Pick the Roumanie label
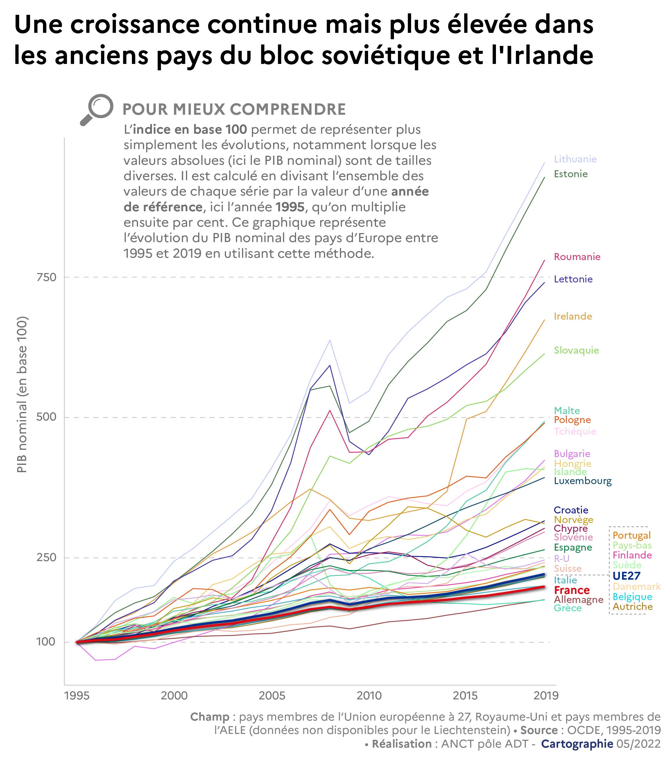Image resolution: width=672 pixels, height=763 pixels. point(577,257)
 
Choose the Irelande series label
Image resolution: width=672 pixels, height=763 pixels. point(573,316)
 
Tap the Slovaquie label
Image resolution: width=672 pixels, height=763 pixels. point(576,350)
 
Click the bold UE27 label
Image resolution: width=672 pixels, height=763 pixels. point(626,576)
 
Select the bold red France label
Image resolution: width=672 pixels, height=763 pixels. point(571,590)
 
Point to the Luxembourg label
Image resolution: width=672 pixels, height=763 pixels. point(583,481)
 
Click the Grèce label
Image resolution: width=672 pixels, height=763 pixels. point(567,608)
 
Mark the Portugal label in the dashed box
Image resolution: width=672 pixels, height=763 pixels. point(631,535)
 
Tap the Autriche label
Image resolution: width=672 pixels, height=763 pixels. point(632,607)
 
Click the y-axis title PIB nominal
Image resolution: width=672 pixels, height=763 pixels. point(22,394)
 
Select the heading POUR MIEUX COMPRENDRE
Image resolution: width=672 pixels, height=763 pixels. point(234,109)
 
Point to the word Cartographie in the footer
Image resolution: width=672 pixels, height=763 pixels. point(577,744)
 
